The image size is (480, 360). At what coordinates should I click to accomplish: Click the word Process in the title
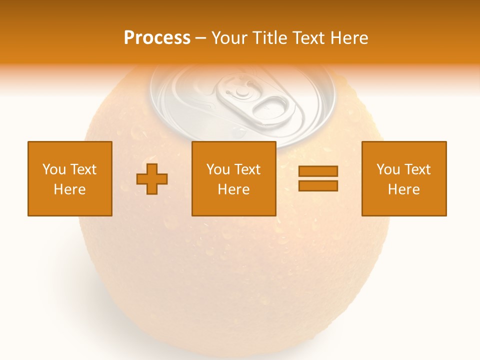(x=157, y=38)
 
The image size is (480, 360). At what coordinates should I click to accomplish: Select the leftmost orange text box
(x=70, y=178)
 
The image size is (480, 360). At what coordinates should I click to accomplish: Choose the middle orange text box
(x=233, y=178)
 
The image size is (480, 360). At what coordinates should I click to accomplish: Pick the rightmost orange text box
(x=403, y=178)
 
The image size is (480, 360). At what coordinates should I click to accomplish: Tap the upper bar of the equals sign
(x=318, y=171)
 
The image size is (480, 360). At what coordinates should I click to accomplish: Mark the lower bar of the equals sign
(x=318, y=186)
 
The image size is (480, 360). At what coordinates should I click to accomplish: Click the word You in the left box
(x=54, y=169)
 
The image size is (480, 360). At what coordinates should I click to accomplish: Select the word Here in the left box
(x=70, y=189)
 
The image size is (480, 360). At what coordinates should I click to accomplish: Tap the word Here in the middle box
(x=233, y=189)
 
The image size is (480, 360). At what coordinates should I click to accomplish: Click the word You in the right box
(x=388, y=169)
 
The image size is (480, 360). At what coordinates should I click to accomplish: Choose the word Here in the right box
(x=403, y=189)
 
